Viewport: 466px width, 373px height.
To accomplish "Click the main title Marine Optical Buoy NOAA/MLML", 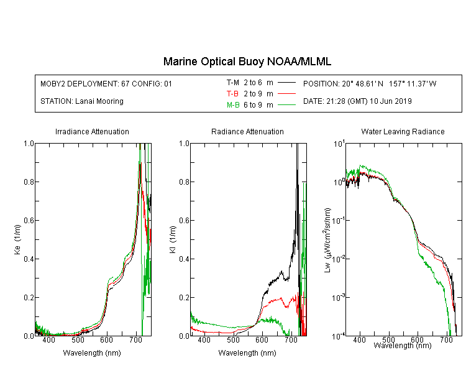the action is pos(247,62).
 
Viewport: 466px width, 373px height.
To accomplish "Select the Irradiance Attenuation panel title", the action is pos(92,131).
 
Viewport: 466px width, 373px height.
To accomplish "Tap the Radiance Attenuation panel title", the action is pos(247,131).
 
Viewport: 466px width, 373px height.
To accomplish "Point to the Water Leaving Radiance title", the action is pos(403,131).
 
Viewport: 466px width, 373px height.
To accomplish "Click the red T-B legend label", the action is pos(232,94).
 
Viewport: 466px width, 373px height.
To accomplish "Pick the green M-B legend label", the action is pos(233,104).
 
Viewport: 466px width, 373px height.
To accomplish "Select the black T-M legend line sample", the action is pos(286,83).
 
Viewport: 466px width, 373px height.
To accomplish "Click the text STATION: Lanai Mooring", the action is pos(82,101).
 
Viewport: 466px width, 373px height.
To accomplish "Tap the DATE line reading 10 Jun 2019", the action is pos(357,101).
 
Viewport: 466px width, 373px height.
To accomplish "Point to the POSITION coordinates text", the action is pos(370,83).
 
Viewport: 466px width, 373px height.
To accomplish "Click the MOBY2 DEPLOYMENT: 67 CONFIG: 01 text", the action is pos(106,83).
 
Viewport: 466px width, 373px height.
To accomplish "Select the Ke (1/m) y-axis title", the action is pos(17,239).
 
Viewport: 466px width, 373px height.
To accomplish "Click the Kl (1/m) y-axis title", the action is pos(173,239).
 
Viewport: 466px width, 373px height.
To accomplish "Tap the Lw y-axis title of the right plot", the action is pos(327,240).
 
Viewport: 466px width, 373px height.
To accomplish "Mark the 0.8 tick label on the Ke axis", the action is pos(29,182).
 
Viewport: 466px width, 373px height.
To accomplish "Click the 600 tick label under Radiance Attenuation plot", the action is pos(262,339).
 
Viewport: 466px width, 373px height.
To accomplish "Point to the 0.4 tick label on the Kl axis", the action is pos(185,259).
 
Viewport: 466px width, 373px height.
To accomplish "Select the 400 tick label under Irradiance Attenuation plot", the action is pos(48,339).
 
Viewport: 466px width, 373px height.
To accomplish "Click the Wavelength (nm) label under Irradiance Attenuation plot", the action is pos(92,353).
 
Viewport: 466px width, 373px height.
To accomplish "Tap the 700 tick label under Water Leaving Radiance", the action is pos(445,339).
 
